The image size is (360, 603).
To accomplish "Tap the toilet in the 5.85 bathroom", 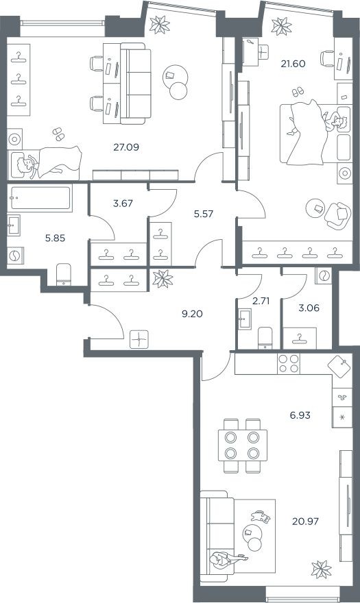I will [62, 273].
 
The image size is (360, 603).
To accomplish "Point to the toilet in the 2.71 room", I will [265, 337].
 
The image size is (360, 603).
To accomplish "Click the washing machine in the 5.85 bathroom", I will [15, 256].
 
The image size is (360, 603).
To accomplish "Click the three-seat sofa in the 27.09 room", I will [133, 84].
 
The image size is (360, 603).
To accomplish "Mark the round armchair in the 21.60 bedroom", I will [337, 214].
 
